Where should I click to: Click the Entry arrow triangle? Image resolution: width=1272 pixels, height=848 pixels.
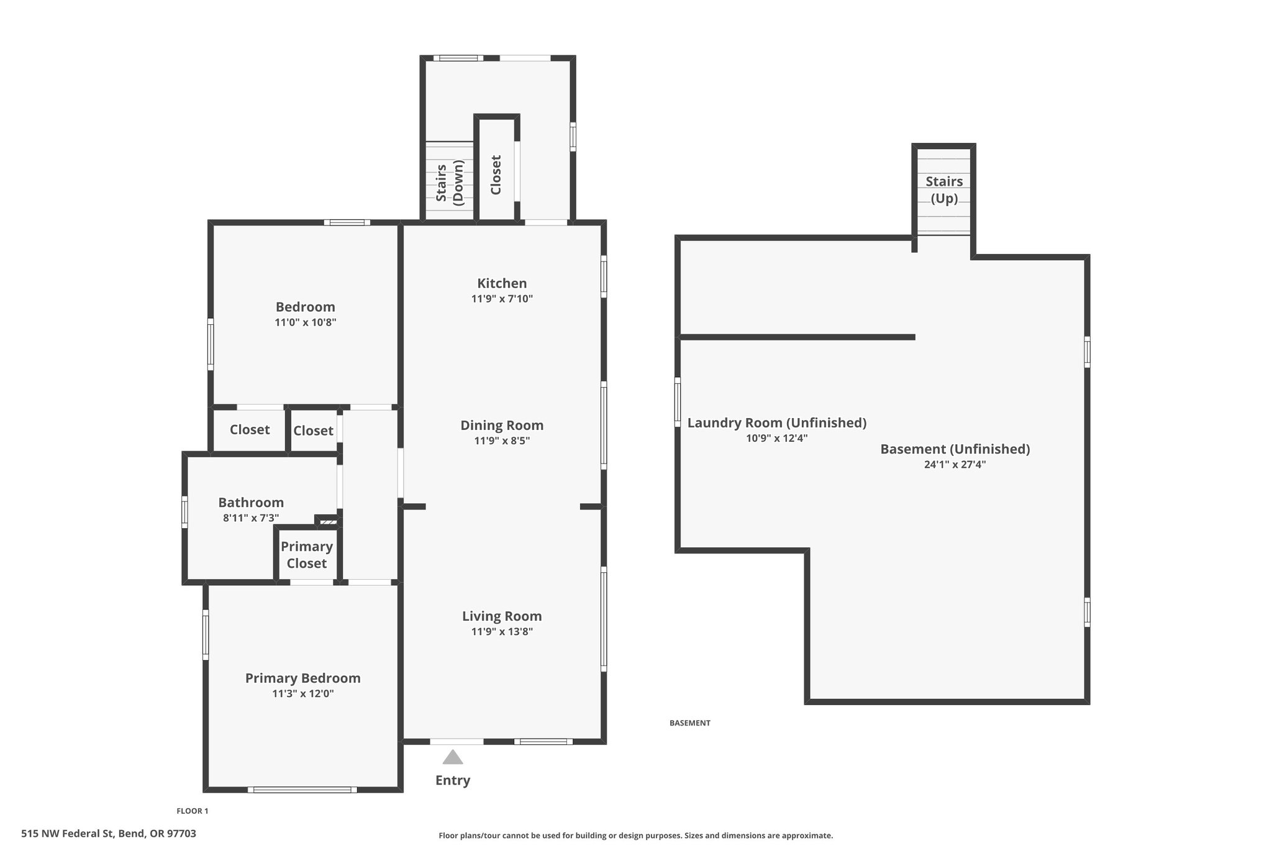pyautogui.click(x=453, y=757)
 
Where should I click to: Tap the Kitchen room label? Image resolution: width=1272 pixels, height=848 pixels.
pyautogui.click(x=502, y=283)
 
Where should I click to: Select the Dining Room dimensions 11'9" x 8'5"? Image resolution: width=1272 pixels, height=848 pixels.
pyautogui.click(x=502, y=441)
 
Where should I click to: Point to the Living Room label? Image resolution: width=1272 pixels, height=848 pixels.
pyautogui.click(x=502, y=616)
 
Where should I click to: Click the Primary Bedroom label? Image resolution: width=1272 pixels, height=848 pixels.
pyautogui.click(x=303, y=678)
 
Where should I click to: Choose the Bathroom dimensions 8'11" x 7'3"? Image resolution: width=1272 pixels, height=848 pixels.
pyautogui.click(x=251, y=517)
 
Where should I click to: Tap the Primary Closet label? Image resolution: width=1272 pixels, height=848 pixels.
pyautogui.click(x=307, y=555)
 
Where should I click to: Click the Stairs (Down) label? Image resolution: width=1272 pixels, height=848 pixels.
pyautogui.click(x=450, y=183)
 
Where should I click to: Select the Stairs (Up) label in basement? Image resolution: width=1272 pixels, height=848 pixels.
pyautogui.click(x=944, y=189)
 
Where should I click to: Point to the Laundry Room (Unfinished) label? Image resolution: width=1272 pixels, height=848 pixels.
pyautogui.click(x=777, y=422)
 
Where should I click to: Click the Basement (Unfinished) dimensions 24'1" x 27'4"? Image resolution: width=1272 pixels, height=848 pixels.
pyautogui.click(x=955, y=464)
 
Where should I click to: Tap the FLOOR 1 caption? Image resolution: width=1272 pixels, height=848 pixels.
pyautogui.click(x=193, y=811)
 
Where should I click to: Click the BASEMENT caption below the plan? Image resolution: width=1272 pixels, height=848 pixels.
pyautogui.click(x=690, y=723)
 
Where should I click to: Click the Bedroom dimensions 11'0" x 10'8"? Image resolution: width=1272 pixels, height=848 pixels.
pyautogui.click(x=306, y=322)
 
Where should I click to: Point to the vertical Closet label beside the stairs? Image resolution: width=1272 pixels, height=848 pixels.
pyautogui.click(x=496, y=175)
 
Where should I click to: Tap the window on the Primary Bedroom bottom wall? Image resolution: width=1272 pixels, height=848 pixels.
pyautogui.click(x=302, y=790)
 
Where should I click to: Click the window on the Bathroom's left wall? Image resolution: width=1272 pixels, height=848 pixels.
pyautogui.click(x=184, y=511)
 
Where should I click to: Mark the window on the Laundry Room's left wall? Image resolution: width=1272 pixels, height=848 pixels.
pyautogui.click(x=678, y=402)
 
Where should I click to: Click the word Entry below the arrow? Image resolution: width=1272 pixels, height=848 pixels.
pyautogui.click(x=453, y=780)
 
